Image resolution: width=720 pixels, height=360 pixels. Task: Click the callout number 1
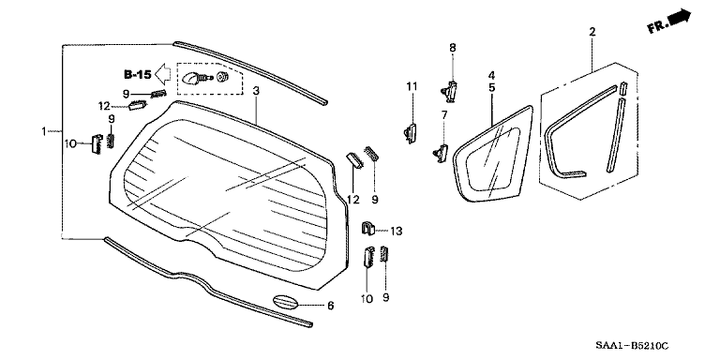coord(43,130)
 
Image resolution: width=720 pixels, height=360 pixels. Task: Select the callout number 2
coord(592,33)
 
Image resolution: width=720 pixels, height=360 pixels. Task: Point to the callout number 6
coord(329,306)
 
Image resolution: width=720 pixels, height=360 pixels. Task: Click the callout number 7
coord(444,115)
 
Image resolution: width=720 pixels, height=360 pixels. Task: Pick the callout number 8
coord(452,48)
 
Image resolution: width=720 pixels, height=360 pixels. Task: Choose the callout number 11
coord(410,87)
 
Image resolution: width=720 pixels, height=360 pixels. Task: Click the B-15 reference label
coord(138,72)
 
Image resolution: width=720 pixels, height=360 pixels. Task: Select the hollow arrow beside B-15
coord(163,72)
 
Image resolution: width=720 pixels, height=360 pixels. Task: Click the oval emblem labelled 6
coord(288,304)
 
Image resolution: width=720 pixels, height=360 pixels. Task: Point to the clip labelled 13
coord(369,229)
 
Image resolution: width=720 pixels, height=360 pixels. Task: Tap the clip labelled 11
coord(410,132)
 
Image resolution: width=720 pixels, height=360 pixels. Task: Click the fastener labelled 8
coord(450,89)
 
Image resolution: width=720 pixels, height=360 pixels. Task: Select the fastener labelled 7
coord(439,150)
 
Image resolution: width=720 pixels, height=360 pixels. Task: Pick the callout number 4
coord(491,74)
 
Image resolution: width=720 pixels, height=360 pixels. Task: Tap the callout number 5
coord(491,87)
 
